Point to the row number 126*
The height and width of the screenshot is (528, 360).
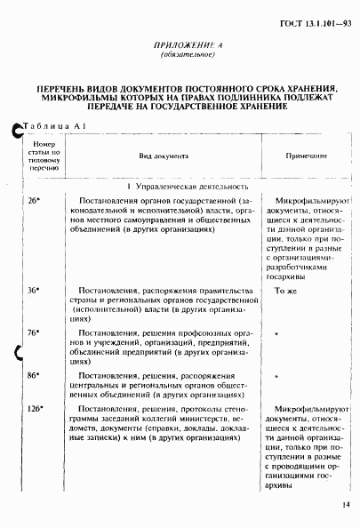(36, 408)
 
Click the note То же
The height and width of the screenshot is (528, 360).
(284, 290)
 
